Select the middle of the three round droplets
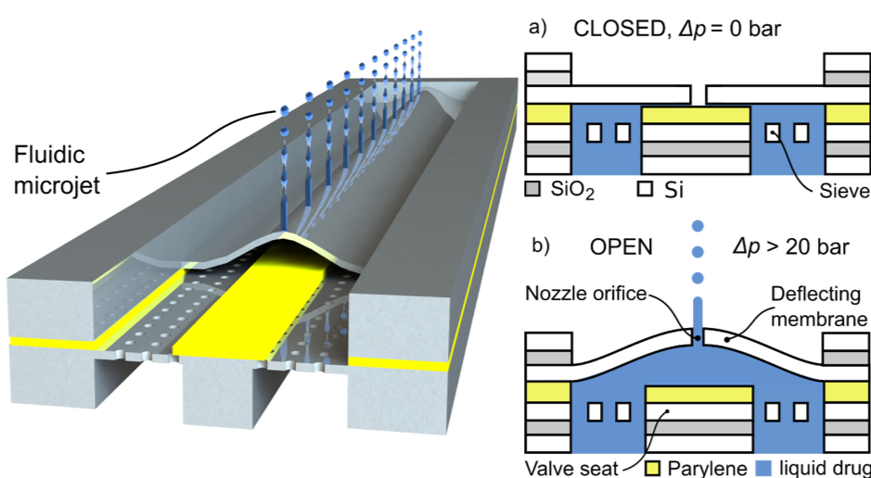[698, 252]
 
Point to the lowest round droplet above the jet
[698, 278]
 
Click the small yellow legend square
[653, 468]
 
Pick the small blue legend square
[763, 468]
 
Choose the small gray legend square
[532, 189]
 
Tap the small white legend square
[646, 189]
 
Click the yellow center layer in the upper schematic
[696, 115]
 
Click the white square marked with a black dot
[773, 132]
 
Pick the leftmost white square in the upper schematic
[595, 132]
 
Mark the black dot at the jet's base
[698, 339]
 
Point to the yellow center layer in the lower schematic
[697, 393]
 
